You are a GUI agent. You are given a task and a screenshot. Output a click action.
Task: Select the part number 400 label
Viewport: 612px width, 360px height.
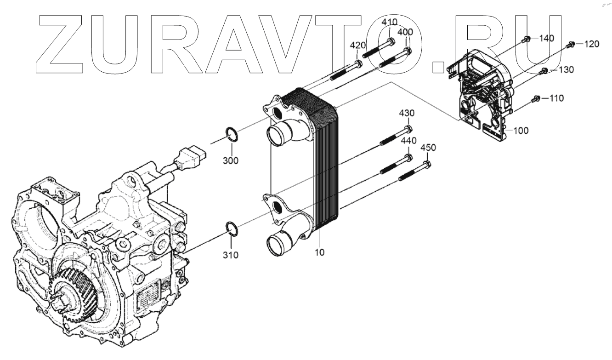pyautogui.click(x=405, y=32)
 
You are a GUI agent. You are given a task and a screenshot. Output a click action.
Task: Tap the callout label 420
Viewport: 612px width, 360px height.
pyautogui.click(x=358, y=45)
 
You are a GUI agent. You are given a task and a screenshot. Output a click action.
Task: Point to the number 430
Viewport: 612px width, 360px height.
pyautogui.click(x=406, y=113)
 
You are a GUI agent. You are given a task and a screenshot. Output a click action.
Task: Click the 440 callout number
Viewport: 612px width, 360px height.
pyautogui.click(x=408, y=140)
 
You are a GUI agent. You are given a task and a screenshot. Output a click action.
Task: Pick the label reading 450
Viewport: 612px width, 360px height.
pyautogui.click(x=428, y=148)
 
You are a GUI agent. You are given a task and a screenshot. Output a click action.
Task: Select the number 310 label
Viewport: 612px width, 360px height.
pyautogui.click(x=231, y=255)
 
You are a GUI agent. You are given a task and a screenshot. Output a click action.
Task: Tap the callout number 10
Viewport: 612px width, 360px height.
pyautogui.click(x=319, y=252)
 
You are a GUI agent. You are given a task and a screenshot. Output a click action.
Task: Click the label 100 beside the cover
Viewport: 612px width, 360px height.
pyautogui.click(x=521, y=131)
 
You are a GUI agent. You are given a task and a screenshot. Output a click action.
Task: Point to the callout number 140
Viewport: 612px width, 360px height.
pyautogui.click(x=546, y=38)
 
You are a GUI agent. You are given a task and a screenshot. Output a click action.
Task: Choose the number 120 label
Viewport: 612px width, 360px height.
pyautogui.click(x=592, y=44)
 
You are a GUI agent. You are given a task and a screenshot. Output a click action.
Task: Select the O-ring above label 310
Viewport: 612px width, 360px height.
pyautogui.click(x=232, y=228)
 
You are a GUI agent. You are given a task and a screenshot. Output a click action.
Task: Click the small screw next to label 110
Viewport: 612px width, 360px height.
pyautogui.click(x=535, y=98)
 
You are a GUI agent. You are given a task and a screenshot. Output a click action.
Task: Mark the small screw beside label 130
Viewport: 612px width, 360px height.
pyautogui.click(x=542, y=70)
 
